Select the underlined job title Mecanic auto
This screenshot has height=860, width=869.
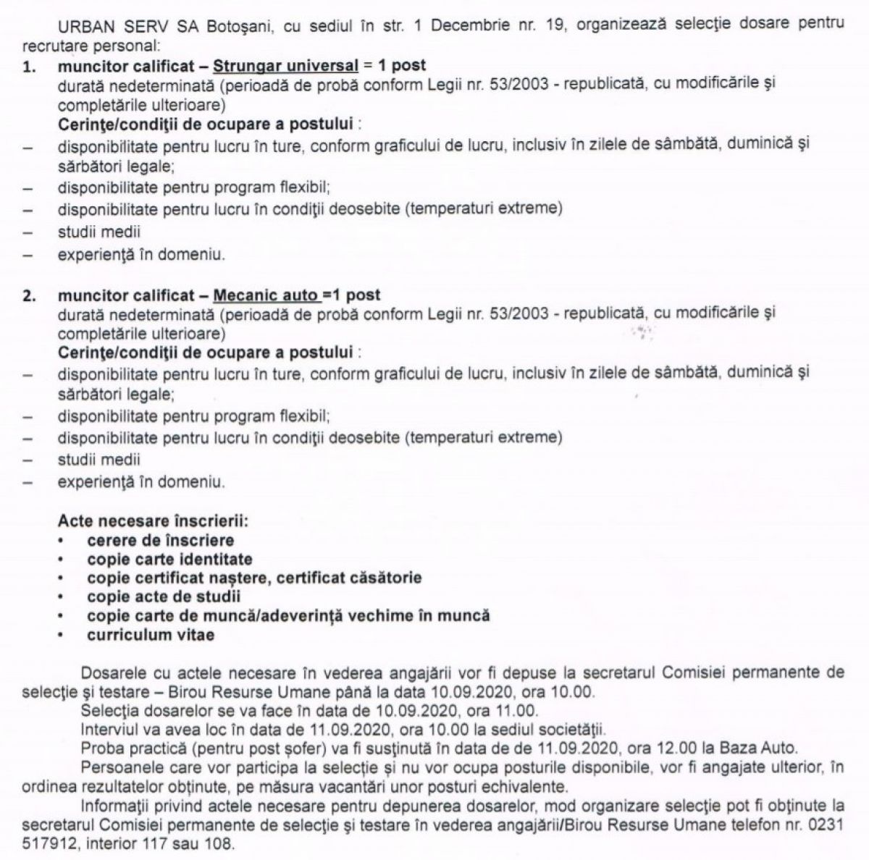[266, 295]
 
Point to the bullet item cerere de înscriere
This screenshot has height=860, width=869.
[160, 540]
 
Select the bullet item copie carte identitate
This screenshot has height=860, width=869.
[169, 559]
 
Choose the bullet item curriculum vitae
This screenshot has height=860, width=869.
[151, 635]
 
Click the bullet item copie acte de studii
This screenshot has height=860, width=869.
[164, 596]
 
